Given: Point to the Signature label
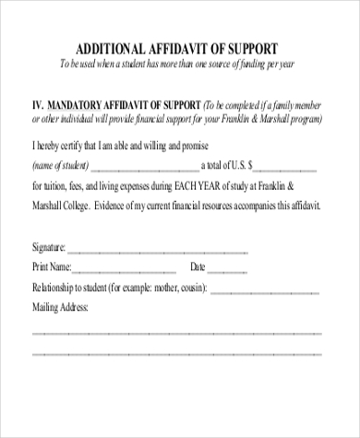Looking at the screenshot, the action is tap(49, 248).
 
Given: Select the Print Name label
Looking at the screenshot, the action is tap(53, 267).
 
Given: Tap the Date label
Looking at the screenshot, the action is tap(198, 267).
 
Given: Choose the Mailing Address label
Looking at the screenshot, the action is tap(60, 306).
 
